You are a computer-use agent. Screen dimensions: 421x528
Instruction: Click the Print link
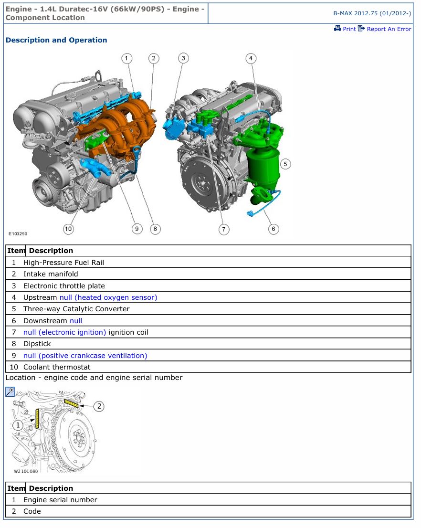(x=345, y=29)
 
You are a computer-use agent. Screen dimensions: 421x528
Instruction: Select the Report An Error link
(x=385, y=29)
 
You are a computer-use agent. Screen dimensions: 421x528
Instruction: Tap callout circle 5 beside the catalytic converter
(x=285, y=164)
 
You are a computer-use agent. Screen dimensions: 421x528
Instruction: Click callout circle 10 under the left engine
(x=68, y=229)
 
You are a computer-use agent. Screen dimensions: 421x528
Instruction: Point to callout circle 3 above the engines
(x=183, y=58)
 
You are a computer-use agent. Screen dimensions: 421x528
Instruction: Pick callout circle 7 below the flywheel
(x=224, y=230)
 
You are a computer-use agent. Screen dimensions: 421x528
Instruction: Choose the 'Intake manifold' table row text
(x=51, y=274)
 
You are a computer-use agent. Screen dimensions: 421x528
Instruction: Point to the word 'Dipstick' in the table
(x=37, y=344)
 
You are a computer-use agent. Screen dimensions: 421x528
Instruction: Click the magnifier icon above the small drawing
(x=10, y=391)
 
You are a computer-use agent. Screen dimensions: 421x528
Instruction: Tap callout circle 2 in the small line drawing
(x=99, y=406)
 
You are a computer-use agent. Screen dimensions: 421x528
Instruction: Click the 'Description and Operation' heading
(x=56, y=40)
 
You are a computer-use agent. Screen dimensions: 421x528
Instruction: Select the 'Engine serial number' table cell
(x=60, y=500)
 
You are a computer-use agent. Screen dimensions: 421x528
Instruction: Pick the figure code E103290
(x=18, y=234)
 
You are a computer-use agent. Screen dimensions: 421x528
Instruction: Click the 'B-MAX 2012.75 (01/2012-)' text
(x=372, y=13)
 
